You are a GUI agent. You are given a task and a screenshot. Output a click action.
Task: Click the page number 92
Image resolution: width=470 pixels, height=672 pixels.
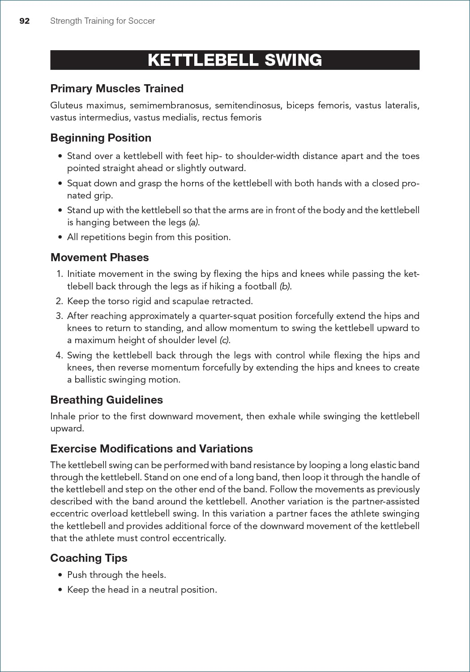(25, 21)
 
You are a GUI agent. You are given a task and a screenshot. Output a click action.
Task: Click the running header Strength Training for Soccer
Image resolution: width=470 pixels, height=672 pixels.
(103, 21)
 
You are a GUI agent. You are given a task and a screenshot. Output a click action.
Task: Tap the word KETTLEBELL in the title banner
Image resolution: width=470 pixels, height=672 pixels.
(203, 60)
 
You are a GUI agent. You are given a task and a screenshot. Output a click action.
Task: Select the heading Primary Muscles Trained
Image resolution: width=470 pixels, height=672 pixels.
(117, 89)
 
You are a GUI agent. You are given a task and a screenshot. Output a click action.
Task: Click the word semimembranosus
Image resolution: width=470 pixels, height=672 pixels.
(169, 106)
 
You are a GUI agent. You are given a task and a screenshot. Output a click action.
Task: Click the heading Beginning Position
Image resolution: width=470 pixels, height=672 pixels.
(101, 138)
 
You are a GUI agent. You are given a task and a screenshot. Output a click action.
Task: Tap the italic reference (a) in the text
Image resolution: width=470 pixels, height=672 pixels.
(193, 223)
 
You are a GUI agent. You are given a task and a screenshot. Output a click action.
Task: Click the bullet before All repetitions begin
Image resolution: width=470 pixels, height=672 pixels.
(60, 237)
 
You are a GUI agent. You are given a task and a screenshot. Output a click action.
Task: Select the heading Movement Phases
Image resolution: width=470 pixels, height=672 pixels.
(99, 258)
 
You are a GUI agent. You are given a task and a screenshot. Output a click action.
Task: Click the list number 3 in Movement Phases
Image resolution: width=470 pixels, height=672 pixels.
(59, 316)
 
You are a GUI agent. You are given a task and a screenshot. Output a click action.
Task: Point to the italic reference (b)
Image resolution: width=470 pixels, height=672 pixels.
(285, 287)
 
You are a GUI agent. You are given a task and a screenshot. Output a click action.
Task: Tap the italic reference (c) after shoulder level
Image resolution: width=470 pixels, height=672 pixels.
(225, 340)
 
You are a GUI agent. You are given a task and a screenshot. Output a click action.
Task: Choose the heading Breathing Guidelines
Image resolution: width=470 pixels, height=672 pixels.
(107, 400)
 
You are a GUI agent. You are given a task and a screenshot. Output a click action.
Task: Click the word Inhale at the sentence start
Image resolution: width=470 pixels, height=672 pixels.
(63, 417)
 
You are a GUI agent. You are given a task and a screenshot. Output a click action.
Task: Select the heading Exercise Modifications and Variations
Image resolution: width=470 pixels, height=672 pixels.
(151, 449)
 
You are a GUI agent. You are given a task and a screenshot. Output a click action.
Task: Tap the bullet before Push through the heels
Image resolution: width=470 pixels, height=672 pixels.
(60, 575)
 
